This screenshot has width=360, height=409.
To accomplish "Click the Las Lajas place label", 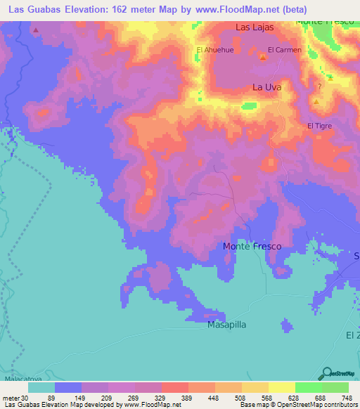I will point(253,27).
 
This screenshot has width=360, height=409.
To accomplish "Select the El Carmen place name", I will point(284,50).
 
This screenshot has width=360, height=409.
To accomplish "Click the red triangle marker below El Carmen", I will point(262,58).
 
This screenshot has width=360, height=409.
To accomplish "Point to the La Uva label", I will point(265,88).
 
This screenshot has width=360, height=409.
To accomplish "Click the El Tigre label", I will point(319,126).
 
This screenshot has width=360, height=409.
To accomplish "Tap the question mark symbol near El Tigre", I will point(319,87).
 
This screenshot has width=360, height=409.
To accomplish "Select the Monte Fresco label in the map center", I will point(252,247).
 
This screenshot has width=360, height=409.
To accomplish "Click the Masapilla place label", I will point(226,326).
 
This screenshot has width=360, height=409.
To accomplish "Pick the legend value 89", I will point(68,397).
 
